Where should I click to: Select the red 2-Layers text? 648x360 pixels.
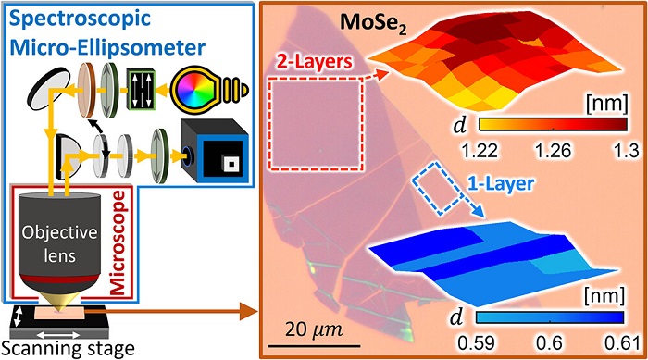(x=310, y=64)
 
